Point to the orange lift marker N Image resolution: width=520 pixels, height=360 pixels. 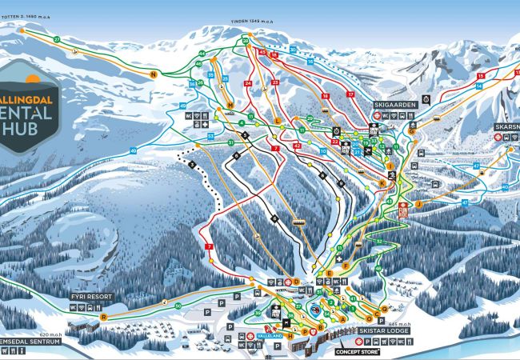[x=152, y=74]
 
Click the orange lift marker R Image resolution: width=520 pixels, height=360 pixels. [x=103, y=316]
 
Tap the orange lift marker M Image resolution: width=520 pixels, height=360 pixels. [x=230, y=105]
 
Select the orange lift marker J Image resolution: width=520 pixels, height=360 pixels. [x=417, y=204]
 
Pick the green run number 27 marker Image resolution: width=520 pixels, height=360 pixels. [x=57, y=39]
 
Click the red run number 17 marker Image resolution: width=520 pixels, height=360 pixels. [x=350, y=94]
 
